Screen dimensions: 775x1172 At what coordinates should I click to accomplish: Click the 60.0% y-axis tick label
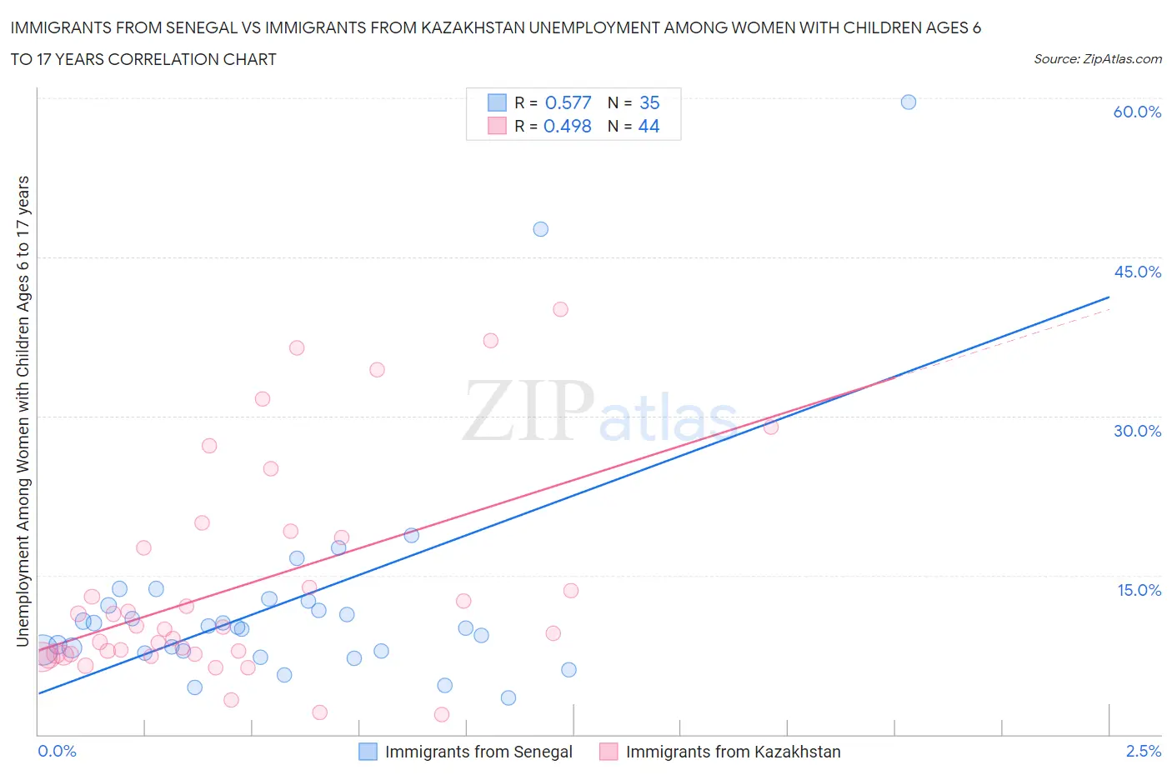[1136, 112]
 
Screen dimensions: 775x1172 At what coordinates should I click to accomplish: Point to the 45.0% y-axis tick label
[1136, 272]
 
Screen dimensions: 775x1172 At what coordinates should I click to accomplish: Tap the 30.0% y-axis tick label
[1136, 431]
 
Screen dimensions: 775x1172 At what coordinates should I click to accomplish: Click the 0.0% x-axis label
[57, 751]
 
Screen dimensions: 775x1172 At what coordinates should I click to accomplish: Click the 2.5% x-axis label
[1143, 751]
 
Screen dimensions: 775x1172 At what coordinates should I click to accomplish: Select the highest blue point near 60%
[909, 102]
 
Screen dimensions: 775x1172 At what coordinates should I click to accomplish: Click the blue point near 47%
[540, 229]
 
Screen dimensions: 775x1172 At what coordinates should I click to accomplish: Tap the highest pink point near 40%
[560, 309]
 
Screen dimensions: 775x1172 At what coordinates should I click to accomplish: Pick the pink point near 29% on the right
[771, 427]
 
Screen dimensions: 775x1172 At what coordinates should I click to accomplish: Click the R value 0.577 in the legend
[568, 102]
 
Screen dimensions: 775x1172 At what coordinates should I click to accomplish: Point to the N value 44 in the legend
[649, 126]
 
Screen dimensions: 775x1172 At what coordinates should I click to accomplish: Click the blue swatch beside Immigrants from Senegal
[368, 752]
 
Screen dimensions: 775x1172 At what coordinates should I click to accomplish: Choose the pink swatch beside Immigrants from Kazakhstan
[609, 752]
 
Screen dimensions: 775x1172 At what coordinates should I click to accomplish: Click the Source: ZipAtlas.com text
[1097, 58]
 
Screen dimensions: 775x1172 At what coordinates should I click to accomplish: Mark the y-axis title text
[23, 411]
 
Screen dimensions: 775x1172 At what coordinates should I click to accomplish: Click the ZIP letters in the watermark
[528, 411]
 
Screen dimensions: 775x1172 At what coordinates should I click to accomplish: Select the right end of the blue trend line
[1109, 297]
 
